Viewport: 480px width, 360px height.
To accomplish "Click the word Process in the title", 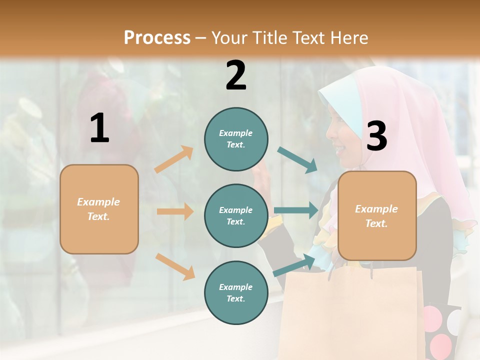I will click(157, 38).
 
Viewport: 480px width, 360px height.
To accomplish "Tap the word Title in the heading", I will click(268, 38).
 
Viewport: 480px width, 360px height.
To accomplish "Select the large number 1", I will click(99, 128).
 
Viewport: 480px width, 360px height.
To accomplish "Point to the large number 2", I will click(236, 75).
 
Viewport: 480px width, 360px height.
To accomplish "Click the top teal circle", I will click(236, 139).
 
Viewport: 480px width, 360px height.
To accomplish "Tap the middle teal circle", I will click(236, 215).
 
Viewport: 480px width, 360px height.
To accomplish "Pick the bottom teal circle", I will click(236, 292).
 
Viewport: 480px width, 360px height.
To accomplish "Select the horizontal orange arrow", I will click(175, 211).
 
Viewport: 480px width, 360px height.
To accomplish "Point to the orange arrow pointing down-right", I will click(175, 266).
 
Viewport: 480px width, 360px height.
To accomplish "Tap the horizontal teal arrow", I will click(295, 210).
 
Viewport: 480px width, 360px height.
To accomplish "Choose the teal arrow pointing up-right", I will click(294, 265).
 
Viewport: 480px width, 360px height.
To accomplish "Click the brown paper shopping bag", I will click(350, 310).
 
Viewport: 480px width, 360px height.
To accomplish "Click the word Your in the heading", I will click(229, 38).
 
